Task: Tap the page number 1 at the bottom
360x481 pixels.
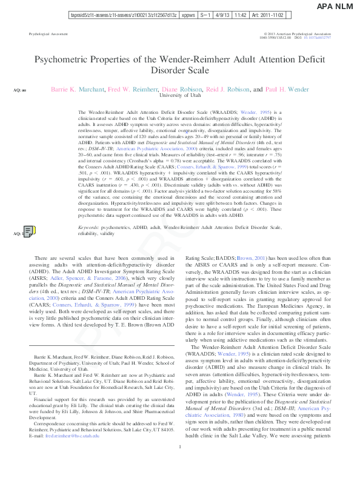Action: [x=180, y=463]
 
